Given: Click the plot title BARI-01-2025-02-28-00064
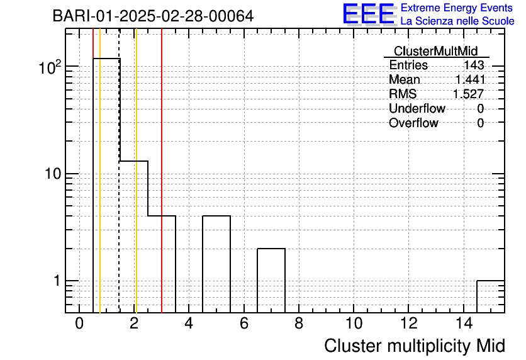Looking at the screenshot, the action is pos(153,16).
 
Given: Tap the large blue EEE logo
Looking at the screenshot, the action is pos(369,14).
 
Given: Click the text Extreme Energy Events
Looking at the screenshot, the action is pos(457,8).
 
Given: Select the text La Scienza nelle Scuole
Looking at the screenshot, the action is pos(457,21).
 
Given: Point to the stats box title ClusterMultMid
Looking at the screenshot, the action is pos(435,51).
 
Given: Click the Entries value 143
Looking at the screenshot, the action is pos(474,65).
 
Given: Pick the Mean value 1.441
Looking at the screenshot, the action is pos(470,79).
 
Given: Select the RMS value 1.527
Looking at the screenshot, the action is pos(469,94).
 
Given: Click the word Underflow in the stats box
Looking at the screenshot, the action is pos(417,108).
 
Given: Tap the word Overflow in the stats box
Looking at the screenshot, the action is pos(413,123).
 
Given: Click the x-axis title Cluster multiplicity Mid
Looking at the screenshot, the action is pos(415,346).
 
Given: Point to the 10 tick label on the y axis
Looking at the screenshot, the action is pos(53,174).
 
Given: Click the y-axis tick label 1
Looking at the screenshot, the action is pos(57,281).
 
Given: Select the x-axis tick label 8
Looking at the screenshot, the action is pos(299,323).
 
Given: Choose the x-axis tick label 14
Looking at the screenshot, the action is pos(464,323).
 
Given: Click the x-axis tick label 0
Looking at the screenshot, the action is pos(79,323).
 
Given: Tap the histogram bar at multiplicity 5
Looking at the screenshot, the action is pos(216,264).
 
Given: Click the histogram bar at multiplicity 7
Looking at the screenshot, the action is pos(271,281).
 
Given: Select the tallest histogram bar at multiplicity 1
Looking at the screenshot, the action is pos(106,186).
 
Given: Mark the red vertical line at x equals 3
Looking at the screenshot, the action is pos(162,171).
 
